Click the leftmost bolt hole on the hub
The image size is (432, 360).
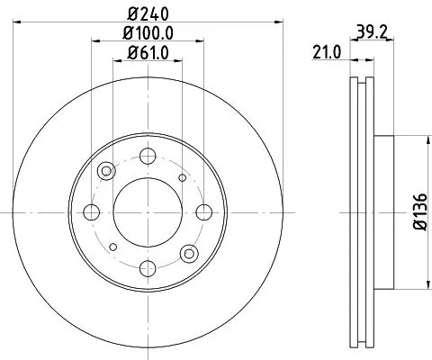(x=91, y=212)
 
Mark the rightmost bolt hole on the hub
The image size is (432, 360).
(x=204, y=212)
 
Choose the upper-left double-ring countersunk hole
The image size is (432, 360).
(x=107, y=172)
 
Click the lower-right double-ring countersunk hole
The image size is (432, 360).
(x=188, y=253)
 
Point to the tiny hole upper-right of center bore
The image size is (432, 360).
(x=183, y=178)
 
